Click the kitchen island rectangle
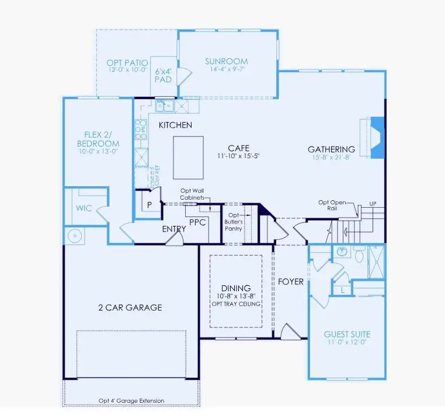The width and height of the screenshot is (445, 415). point(188,158)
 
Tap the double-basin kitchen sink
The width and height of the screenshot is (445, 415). point(163,106)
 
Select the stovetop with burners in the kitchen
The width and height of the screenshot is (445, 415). point(141,129)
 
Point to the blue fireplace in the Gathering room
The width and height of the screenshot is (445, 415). point(377,137)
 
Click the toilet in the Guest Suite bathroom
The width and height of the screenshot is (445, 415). point(360,254)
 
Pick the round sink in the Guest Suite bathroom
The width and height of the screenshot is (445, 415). point(343,253)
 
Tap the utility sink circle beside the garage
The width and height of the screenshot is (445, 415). point(74,236)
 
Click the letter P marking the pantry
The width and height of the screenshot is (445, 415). point(150,205)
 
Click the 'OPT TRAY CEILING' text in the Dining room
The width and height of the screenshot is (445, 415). point(236,304)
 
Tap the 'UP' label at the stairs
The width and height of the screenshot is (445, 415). point(372,204)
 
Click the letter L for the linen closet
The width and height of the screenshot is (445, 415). point(342,290)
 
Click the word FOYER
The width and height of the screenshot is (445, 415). point(290,282)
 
